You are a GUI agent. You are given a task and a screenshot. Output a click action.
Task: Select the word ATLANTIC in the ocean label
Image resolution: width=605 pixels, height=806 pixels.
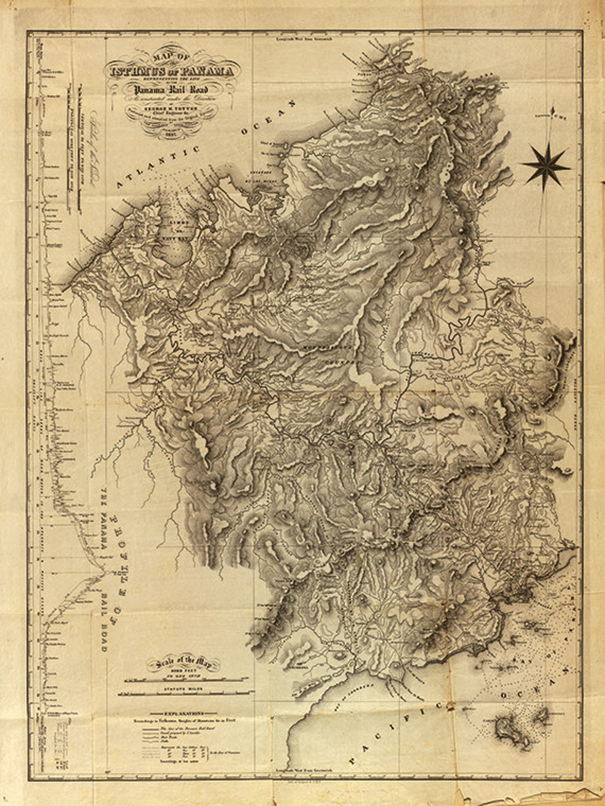tap(158, 166)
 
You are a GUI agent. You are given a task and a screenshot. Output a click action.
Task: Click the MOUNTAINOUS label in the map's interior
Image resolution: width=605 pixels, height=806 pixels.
tap(327, 347)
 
